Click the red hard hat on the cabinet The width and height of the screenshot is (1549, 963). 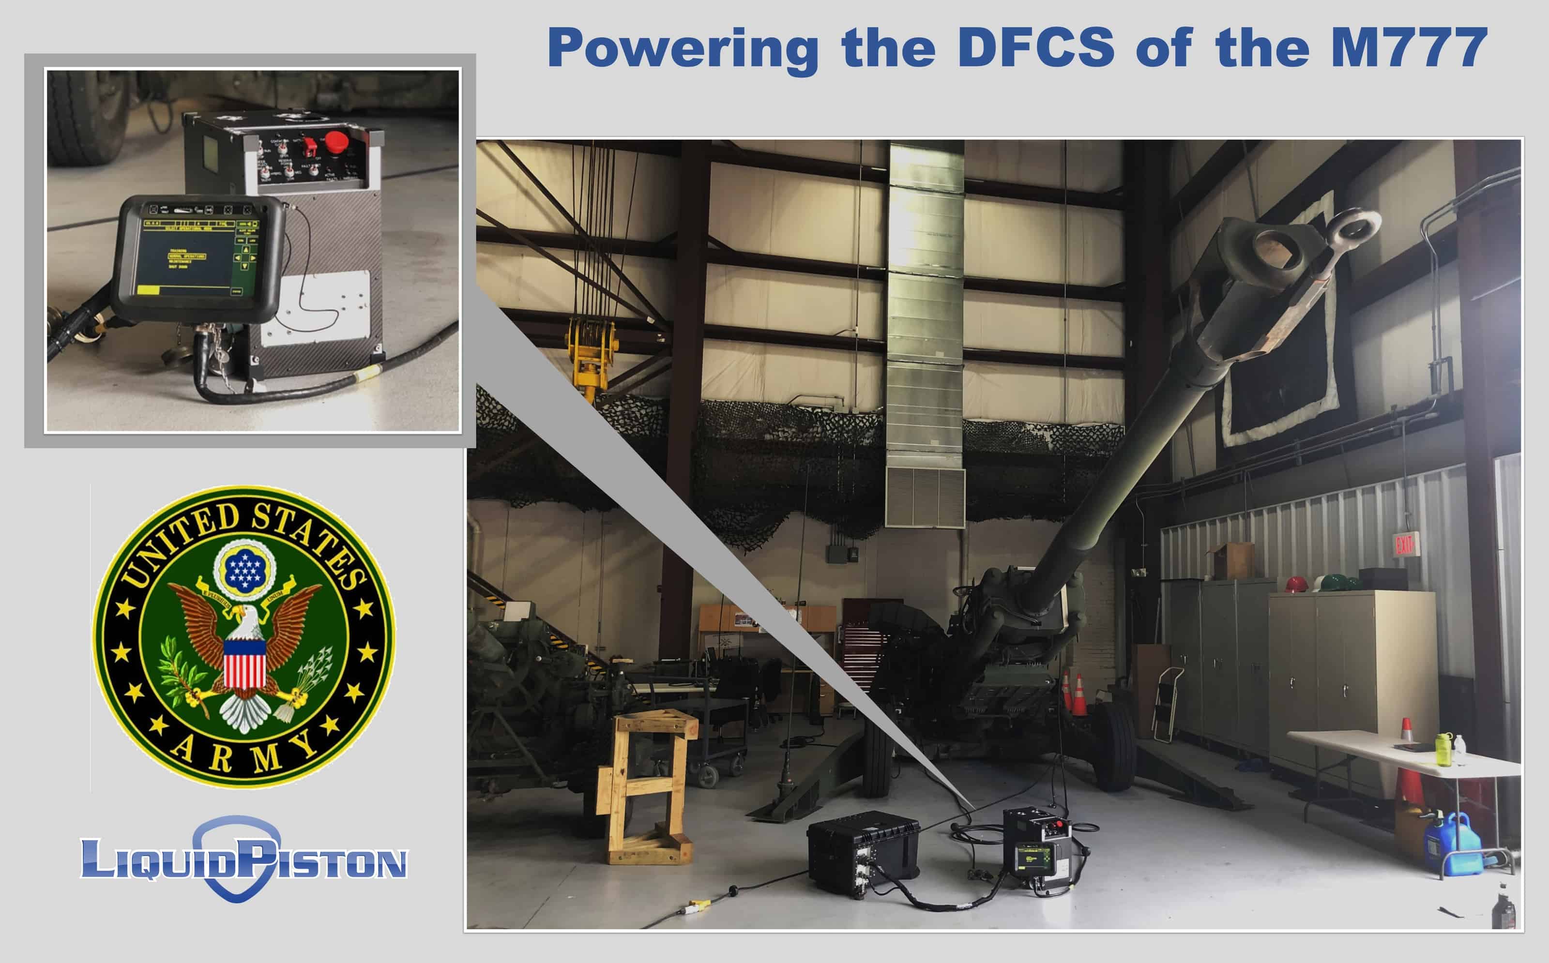point(1295,584)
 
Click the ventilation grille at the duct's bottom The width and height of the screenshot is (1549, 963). point(925,497)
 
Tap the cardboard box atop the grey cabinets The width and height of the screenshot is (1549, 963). point(1234,560)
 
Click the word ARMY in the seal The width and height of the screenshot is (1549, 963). point(244,753)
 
